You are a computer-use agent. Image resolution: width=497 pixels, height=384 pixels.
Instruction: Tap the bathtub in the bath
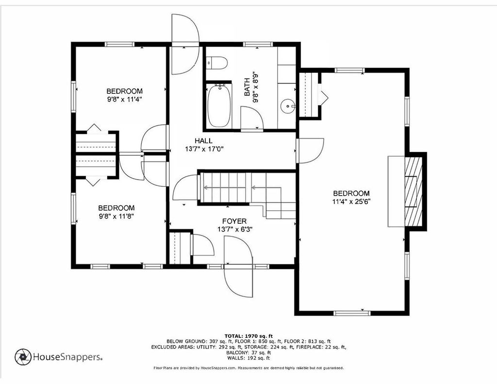point(219,106)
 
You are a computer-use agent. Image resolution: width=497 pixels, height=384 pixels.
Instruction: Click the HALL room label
point(203,141)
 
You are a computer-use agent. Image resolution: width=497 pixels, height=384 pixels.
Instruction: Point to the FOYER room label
point(234,221)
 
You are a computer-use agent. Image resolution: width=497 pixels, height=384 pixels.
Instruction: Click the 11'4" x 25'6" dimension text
point(351,201)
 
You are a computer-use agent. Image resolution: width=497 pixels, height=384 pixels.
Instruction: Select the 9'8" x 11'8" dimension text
point(116,216)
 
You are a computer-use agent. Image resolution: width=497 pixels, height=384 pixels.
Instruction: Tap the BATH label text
point(248,88)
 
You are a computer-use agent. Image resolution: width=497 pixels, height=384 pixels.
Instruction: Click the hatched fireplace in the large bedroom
point(414,192)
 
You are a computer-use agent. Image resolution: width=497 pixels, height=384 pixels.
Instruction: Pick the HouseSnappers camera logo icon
point(23,357)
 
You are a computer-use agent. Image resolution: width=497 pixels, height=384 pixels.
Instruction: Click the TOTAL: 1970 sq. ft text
point(248,336)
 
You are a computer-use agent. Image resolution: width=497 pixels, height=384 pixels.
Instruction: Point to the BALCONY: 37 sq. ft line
point(248,352)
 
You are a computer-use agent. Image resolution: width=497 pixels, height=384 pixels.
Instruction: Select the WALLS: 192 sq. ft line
point(248,358)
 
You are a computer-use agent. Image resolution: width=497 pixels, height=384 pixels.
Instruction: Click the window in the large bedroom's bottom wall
point(352,313)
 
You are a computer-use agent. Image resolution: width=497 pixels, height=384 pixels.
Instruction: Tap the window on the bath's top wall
point(258,44)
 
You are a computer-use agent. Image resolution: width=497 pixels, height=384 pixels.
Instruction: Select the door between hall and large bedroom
point(310,151)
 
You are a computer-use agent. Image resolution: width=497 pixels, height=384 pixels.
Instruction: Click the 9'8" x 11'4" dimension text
point(124,99)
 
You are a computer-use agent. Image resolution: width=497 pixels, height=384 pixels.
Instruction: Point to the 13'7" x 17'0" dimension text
point(204,149)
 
